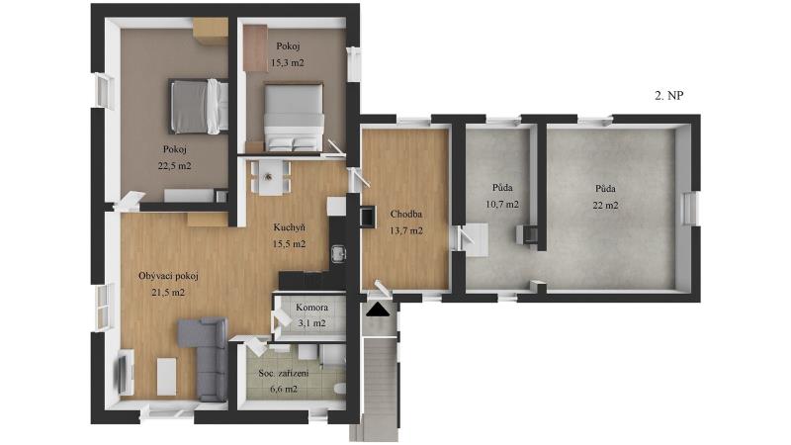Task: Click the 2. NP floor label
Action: click(669, 95)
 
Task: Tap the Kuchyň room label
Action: click(290, 227)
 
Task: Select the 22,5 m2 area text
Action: click(175, 165)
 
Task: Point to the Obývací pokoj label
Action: click(168, 276)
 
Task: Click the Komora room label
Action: click(311, 308)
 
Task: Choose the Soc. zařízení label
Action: click(284, 374)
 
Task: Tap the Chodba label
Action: click(406, 214)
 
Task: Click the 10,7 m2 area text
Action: click(502, 205)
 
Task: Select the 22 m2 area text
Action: click(605, 205)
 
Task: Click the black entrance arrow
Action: click(379, 310)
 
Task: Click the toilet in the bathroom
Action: click(340, 389)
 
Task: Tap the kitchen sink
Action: click(338, 253)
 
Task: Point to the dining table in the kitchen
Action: click(269, 177)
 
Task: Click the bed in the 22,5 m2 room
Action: click(199, 107)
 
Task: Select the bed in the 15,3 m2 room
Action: click(294, 118)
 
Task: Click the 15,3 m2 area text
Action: click(288, 63)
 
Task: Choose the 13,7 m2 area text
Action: click(406, 230)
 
